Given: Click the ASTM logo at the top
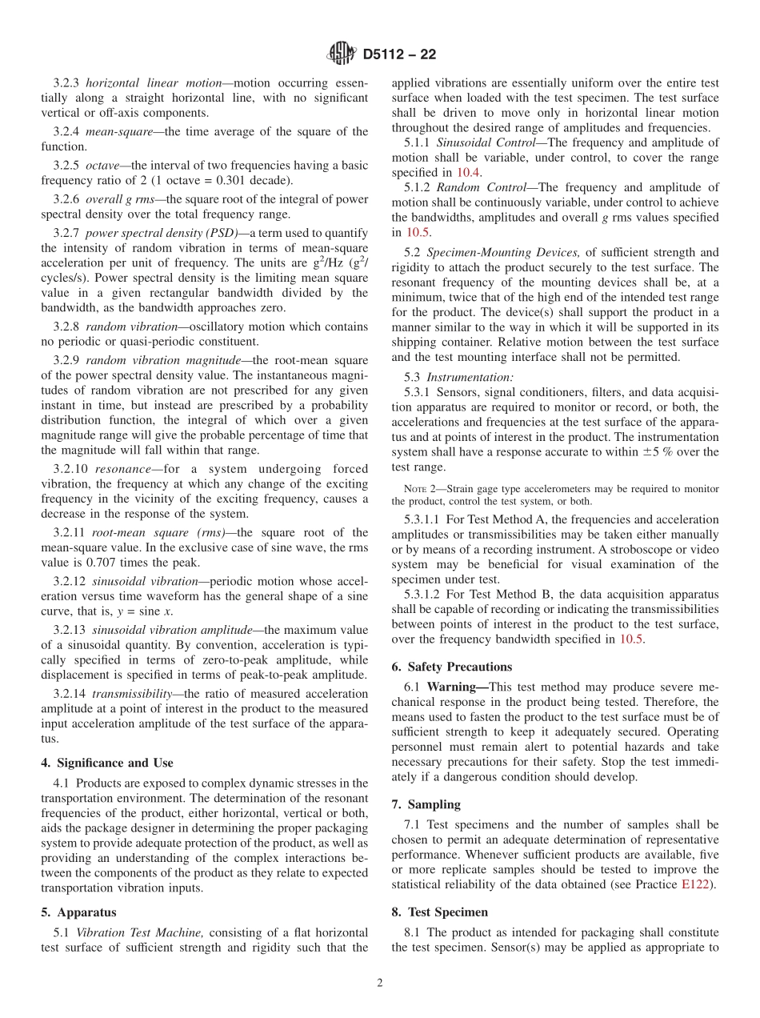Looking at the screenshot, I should [342, 54].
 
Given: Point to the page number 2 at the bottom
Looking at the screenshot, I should [380, 984].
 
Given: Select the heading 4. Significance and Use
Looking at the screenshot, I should [106, 763].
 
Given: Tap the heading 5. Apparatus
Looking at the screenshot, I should [78, 912].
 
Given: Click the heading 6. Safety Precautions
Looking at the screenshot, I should [451, 667].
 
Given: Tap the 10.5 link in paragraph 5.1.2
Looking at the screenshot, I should [418, 232].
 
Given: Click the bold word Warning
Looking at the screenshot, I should [456, 687].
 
